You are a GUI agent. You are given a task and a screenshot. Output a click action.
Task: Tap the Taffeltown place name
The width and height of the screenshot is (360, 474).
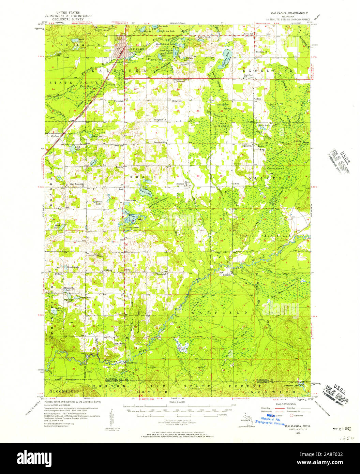click(x=120, y=344)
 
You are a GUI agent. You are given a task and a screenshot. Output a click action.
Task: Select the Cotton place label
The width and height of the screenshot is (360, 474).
click(x=257, y=99)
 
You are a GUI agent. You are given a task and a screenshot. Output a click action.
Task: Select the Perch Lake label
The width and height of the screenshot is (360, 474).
click(x=56, y=226)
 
